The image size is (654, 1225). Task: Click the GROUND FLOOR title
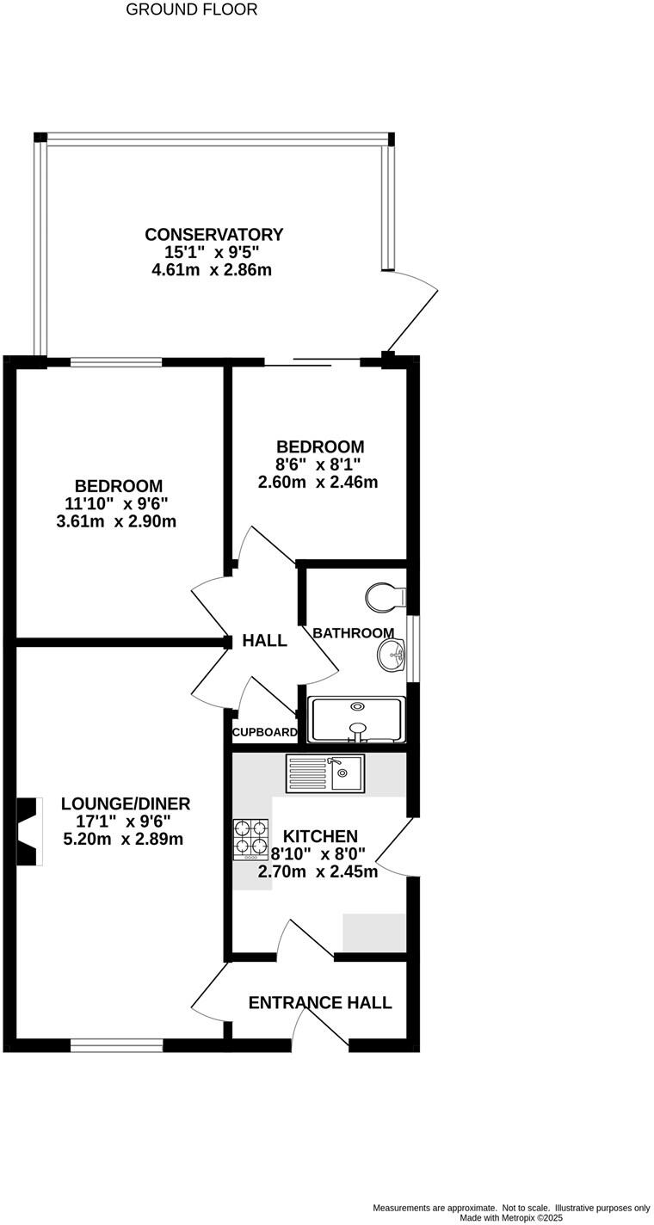pos(191,10)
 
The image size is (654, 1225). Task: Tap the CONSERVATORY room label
pos(213,235)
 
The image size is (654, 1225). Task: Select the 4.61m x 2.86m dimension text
pos(212,270)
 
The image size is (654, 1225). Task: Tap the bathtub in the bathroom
pos(356,719)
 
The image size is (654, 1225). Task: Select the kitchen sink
pos(326,773)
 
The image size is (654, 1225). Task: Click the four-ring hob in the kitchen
pos(250,839)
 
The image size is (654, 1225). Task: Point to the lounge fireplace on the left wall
pos(29,832)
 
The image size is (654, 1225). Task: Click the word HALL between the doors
pos(264,641)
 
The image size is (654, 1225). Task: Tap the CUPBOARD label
pos(264,733)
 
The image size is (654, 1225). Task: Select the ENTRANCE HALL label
pos(320,1003)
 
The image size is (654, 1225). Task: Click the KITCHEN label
pos(320,836)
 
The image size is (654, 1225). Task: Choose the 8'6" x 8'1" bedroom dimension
pos(319,465)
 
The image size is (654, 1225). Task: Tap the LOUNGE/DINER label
pos(126,804)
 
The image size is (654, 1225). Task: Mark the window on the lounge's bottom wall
pos(116,1046)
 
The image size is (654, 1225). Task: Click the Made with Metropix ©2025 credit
pos(511,1218)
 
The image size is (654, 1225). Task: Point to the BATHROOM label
pos(353,633)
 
